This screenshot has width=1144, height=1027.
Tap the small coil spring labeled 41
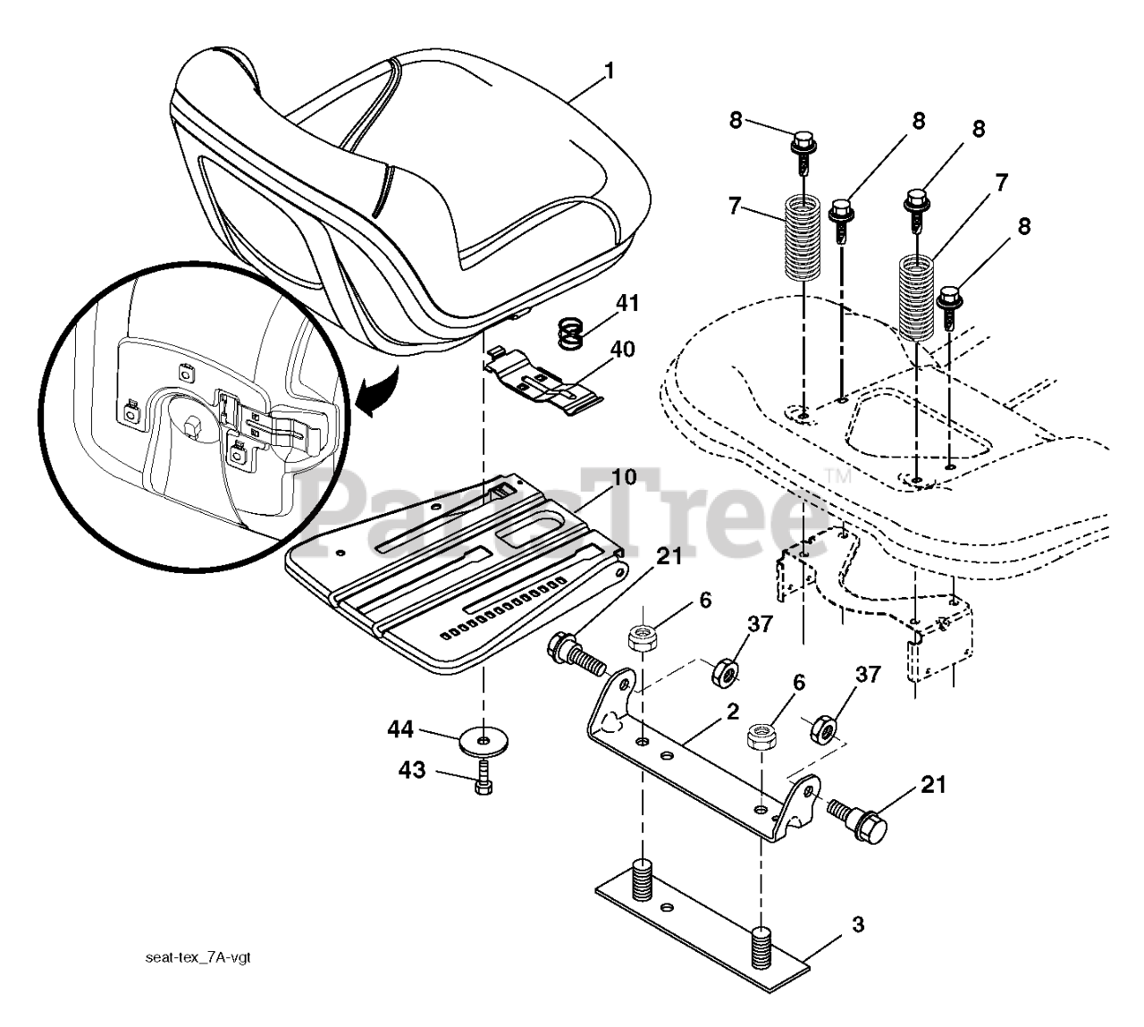(x=570, y=334)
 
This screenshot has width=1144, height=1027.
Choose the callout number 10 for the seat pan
(x=625, y=476)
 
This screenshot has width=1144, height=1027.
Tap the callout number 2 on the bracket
(x=732, y=712)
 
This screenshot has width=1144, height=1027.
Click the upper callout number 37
(x=760, y=624)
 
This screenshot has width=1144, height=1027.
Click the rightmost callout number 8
(x=1023, y=226)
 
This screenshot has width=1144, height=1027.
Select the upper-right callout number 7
(x=1000, y=183)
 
